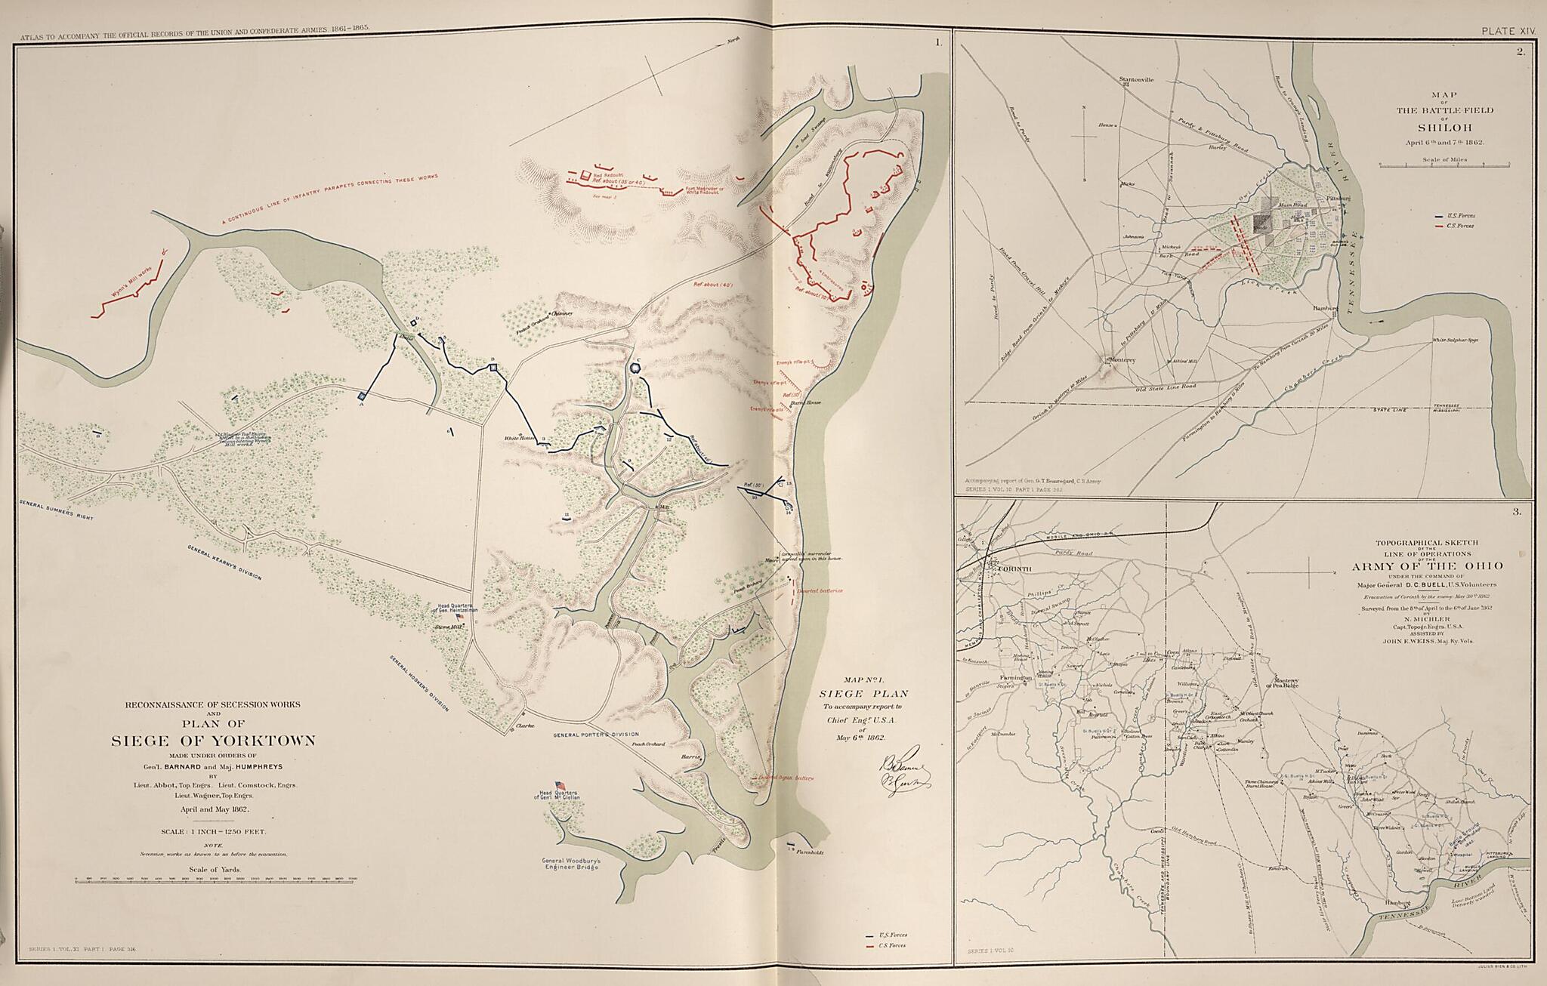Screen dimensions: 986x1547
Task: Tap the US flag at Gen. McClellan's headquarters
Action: [560, 785]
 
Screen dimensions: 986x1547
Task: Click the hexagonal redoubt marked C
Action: [637, 368]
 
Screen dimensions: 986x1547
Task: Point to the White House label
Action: [520, 438]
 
